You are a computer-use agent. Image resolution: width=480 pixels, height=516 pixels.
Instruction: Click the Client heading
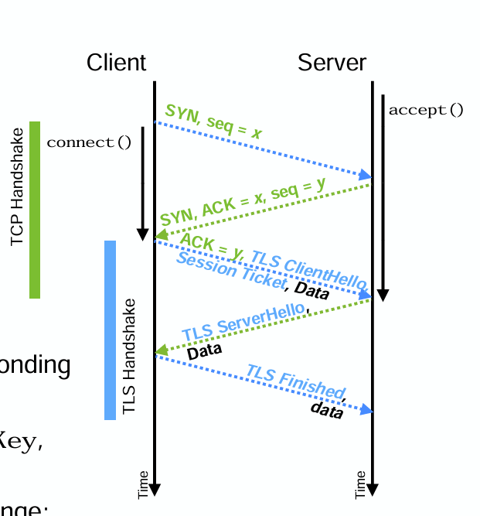pyautogui.click(x=116, y=63)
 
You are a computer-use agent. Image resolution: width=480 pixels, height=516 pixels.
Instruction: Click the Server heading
pyautogui.click(x=332, y=63)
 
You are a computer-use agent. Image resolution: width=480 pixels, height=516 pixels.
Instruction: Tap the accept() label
pyautogui.click(x=426, y=110)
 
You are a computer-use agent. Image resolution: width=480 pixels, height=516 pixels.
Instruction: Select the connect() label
pyautogui.click(x=89, y=142)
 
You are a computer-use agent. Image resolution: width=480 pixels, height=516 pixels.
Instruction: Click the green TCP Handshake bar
pyautogui.click(x=35, y=209)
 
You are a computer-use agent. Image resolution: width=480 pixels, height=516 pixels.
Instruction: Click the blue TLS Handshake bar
pyautogui.click(x=110, y=330)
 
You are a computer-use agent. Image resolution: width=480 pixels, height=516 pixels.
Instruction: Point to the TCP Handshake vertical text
pyautogui.click(x=18, y=186)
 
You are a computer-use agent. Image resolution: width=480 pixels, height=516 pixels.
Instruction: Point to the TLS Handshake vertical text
pyautogui.click(x=129, y=356)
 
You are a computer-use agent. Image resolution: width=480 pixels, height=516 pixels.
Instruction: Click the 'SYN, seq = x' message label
pyautogui.click(x=213, y=121)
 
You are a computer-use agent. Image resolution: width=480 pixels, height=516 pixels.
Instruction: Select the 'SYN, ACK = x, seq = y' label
pyautogui.click(x=243, y=201)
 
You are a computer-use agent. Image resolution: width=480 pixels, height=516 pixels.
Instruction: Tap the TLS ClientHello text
pyautogui.click(x=308, y=267)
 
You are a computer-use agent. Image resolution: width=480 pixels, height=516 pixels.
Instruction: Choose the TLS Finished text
pyautogui.click(x=296, y=381)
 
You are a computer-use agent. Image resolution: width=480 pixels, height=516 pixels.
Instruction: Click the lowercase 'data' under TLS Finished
pyautogui.click(x=326, y=409)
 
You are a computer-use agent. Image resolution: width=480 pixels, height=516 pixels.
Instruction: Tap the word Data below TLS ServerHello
pyautogui.click(x=204, y=350)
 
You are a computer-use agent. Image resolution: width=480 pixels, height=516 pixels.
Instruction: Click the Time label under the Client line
pyautogui.click(x=143, y=484)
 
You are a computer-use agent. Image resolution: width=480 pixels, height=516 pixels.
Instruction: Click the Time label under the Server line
pyautogui.click(x=360, y=484)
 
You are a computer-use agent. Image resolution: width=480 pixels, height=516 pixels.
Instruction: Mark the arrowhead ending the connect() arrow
pyautogui.click(x=142, y=234)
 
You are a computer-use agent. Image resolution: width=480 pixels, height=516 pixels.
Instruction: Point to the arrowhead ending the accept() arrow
pyautogui.click(x=383, y=296)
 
